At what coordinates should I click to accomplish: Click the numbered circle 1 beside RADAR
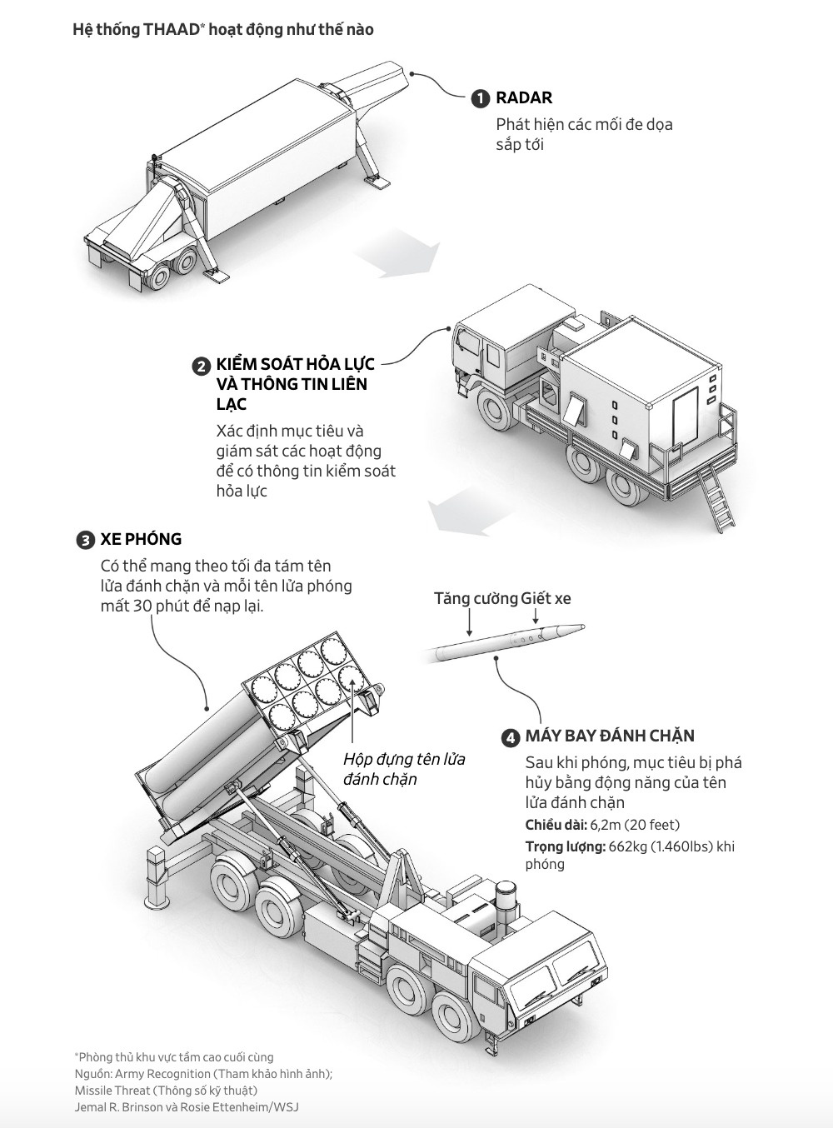coord(480,98)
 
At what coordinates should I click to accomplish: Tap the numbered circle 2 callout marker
coord(201,367)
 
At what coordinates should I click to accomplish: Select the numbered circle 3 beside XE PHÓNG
coord(85,540)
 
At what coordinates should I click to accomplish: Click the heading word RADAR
coord(524,97)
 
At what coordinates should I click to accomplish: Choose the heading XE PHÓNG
coord(141,539)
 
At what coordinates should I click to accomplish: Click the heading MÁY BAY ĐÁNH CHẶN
coord(610,736)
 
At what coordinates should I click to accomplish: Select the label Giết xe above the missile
coord(546,598)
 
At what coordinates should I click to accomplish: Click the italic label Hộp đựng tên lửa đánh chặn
coord(404,769)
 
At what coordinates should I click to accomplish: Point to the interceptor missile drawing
coord(508,640)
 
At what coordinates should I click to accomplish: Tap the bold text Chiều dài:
coord(556,825)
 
